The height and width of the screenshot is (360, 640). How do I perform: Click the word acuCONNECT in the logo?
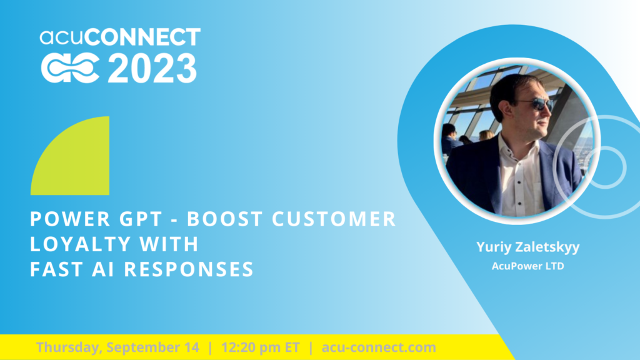tap(120, 37)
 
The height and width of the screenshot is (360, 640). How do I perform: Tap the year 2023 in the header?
tap(152, 69)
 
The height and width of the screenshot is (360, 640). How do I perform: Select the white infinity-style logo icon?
tap(70, 69)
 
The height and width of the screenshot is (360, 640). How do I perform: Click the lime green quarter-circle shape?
tap(70, 156)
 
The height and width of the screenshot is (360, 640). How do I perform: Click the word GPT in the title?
tap(141, 219)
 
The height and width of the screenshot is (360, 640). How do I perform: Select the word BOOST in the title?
tap(225, 219)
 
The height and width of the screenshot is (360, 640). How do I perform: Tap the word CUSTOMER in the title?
tap(334, 219)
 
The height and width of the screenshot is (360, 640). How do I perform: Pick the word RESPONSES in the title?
tap(189, 269)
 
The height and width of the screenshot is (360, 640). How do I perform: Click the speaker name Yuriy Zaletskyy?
tap(527, 247)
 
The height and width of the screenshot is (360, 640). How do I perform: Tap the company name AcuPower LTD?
tap(527, 266)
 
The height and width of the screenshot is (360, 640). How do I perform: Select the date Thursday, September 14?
tap(117, 347)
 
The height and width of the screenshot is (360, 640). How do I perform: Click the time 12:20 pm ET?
tap(261, 347)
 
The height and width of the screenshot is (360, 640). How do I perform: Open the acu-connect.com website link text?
tap(379, 347)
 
